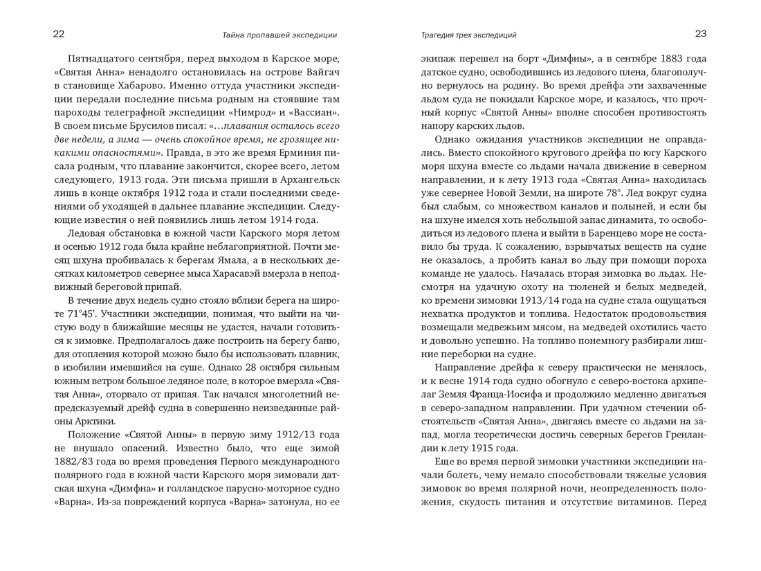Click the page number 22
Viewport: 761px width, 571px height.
tap(59, 34)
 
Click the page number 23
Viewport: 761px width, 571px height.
tap(701, 34)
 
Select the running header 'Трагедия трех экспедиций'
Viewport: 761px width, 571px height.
tap(469, 35)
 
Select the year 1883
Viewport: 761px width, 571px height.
tap(660, 58)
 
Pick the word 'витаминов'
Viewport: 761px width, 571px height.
tap(644, 500)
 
